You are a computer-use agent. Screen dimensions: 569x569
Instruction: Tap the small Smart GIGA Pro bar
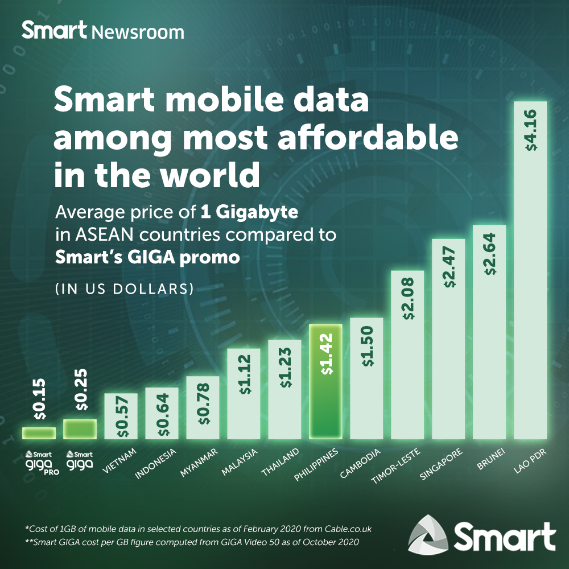(39, 433)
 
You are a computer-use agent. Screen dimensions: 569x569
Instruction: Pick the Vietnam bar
(120, 416)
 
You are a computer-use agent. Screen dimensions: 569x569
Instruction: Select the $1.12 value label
(244, 376)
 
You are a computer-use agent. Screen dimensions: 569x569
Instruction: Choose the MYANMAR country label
(195, 464)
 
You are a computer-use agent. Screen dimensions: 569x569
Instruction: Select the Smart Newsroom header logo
(103, 31)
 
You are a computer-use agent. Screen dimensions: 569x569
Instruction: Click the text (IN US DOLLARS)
(124, 289)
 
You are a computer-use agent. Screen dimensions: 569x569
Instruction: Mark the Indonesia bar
(162, 413)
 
